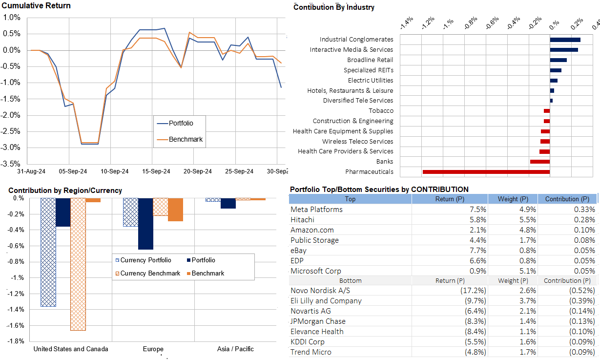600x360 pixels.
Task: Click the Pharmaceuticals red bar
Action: click(486, 172)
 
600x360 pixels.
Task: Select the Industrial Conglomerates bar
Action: click(565, 40)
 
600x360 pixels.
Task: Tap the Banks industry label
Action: click(384, 162)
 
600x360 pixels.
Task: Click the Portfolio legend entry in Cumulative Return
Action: click(180, 123)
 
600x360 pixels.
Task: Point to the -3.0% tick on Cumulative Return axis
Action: click(11, 148)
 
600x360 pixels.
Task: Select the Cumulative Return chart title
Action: click(36, 6)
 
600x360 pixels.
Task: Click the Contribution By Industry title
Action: click(334, 7)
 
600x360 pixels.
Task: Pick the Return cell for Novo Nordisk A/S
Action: click(473, 291)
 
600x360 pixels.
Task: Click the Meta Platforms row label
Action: click(316, 210)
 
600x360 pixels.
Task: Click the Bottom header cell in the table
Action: click(350, 281)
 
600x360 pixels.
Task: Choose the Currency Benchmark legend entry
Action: click(150, 274)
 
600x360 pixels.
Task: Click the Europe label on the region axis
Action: click(153, 349)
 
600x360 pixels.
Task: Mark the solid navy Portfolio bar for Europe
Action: click(145, 224)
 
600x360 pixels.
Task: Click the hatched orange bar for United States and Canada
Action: click(78, 264)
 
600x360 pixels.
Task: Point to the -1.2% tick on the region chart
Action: click(17, 294)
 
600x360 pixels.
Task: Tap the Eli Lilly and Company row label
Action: click(326, 301)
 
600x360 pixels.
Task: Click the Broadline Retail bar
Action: click(558, 60)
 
